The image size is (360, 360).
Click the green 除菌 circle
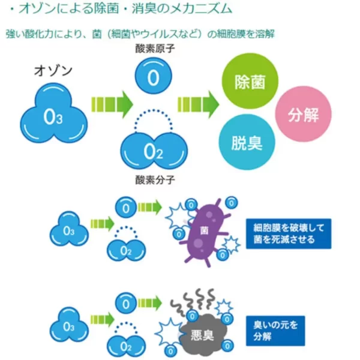(250, 81)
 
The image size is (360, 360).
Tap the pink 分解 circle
(303, 114)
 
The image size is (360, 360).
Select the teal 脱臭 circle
(247, 142)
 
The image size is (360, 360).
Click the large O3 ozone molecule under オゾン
(54, 113)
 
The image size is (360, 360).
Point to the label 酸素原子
(155, 49)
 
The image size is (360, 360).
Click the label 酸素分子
(155, 180)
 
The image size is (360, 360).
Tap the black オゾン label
(53, 71)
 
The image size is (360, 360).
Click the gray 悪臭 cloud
(203, 335)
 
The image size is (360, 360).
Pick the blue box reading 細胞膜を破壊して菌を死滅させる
(289, 234)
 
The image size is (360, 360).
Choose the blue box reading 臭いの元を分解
(275, 331)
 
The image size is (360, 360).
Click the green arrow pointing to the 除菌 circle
(199, 104)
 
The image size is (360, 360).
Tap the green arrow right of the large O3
(112, 104)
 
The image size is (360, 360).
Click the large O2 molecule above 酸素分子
(154, 151)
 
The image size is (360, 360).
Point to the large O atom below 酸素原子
(153, 76)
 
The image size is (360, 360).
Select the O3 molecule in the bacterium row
(69, 229)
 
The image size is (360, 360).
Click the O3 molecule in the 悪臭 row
(69, 325)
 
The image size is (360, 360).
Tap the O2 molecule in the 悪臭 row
(126, 346)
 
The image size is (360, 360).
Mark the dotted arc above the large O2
(154, 110)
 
